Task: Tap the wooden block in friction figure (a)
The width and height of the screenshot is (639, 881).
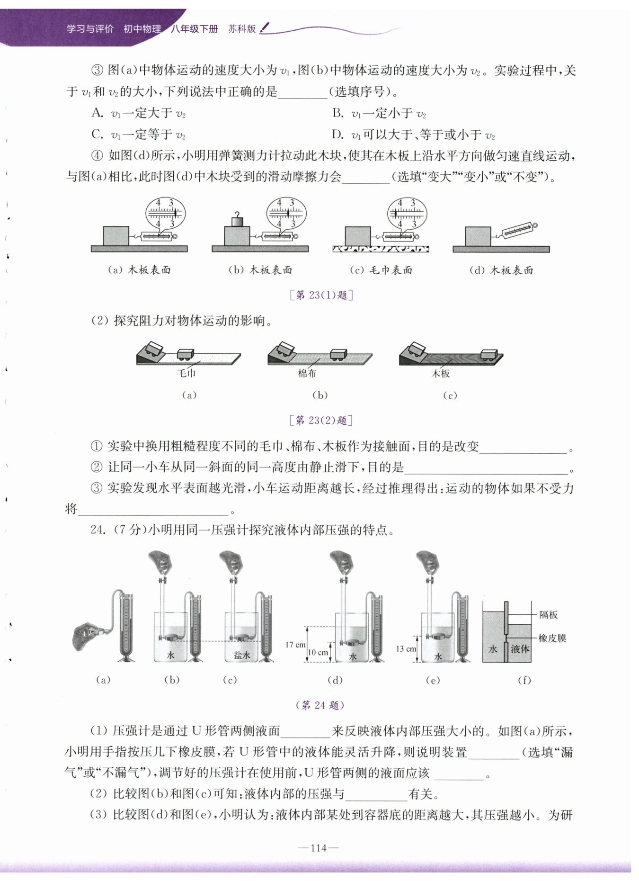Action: pyautogui.click(x=116, y=236)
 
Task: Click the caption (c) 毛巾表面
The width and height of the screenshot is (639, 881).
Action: pyautogui.click(x=381, y=270)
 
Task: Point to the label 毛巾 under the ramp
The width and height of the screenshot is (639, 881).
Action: pyautogui.click(x=186, y=373)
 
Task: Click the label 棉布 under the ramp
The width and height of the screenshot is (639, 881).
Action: pyautogui.click(x=307, y=373)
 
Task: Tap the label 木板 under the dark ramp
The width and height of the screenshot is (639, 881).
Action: pyautogui.click(x=441, y=373)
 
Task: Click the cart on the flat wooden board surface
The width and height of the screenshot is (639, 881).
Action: pyautogui.click(x=489, y=354)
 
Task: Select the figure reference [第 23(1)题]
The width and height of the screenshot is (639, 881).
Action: pyautogui.click(x=321, y=295)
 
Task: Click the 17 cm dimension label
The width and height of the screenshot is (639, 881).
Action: pyautogui.click(x=295, y=644)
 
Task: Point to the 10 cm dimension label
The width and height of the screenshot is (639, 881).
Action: pyautogui.click(x=318, y=652)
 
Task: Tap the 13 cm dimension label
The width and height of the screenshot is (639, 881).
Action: pyautogui.click(x=406, y=648)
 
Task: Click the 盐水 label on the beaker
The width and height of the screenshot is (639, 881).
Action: pyautogui.click(x=242, y=655)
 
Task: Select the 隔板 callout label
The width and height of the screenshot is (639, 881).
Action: pyautogui.click(x=549, y=615)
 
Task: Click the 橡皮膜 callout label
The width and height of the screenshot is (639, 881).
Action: pyautogui.click(x=552, y=638)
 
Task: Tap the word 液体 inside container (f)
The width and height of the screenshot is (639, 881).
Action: pyautogui.click(x=520, y=649)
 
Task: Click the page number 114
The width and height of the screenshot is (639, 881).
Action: pyautogui.click(x=319, y=847)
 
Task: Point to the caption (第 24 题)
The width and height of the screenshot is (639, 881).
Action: pyautogui.click(x=320, y=705)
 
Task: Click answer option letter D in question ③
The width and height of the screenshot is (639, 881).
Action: pyautogui.click(x=337, y=135)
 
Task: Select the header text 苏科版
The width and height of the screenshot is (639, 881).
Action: pyautogui.click(x=241, y=29)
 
